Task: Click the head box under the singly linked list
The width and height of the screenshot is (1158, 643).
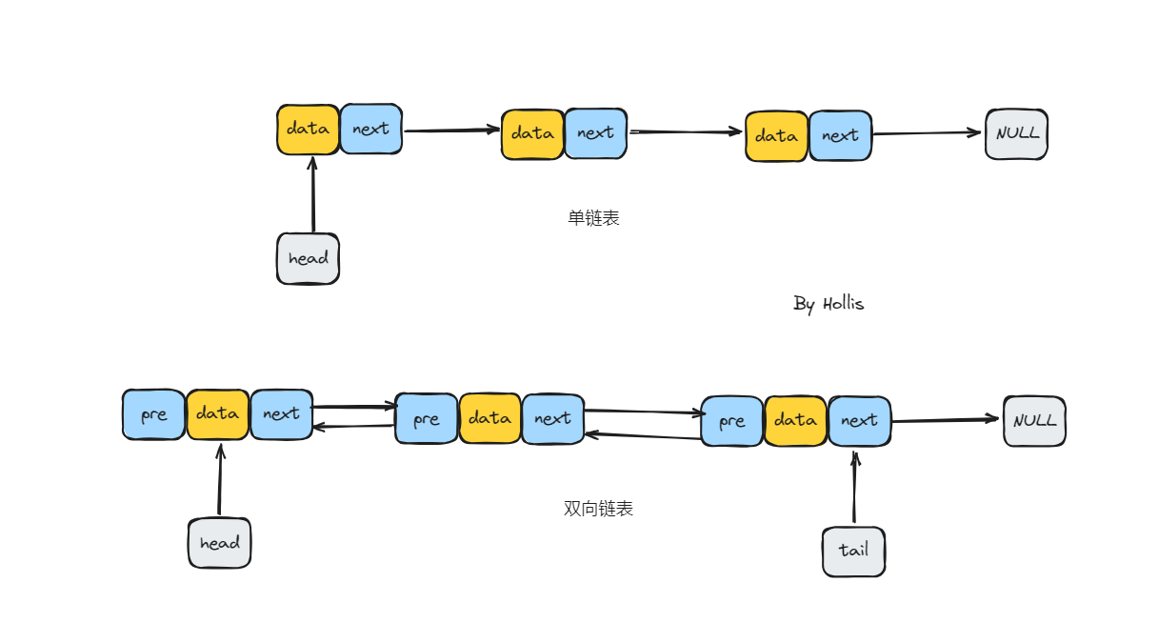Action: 308,258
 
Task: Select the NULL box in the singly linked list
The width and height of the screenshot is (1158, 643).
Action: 1016,133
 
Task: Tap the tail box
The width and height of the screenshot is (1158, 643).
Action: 853,551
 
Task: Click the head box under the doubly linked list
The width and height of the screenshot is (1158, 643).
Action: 219,543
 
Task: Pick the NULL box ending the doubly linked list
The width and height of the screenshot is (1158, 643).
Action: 1034,421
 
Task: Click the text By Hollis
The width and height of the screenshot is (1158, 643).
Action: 829,304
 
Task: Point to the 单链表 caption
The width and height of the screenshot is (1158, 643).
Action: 593,218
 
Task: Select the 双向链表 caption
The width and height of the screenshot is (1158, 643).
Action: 598,509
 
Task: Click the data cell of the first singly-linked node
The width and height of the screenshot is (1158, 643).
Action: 308,129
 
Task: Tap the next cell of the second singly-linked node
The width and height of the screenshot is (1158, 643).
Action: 595,133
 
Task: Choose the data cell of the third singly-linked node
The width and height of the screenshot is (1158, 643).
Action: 776,136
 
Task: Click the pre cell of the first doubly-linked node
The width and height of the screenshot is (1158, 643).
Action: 153,414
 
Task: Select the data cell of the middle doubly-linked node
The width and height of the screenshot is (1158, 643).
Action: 489,418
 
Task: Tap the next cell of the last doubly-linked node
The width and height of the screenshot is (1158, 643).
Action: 859,421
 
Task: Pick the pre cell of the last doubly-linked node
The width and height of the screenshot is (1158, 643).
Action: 731,421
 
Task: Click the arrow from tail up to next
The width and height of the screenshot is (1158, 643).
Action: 854,488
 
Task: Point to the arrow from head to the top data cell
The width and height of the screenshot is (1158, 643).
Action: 312,194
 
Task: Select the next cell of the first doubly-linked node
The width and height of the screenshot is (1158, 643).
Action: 281,414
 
